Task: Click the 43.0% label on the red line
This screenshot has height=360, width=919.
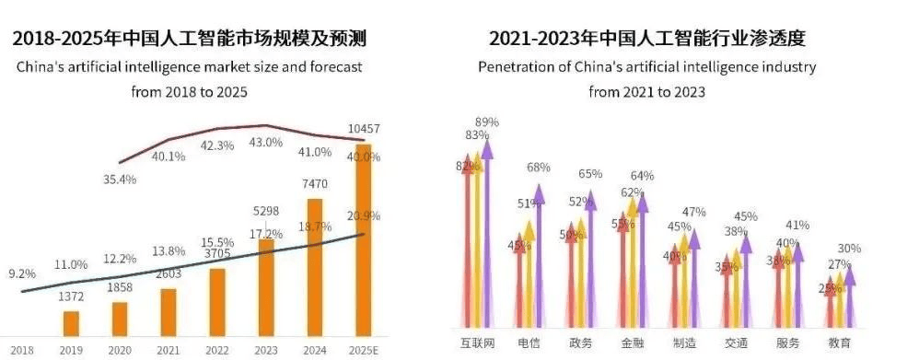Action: click(x=266, y=142)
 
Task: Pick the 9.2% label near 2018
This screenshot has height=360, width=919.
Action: click(x=23, y=273)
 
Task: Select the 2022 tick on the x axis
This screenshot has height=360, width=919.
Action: click(x=217, y=350)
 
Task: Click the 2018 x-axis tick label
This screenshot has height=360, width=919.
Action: click(x=22, y=350)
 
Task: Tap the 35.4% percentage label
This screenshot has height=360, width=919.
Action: click(x=120, y=180)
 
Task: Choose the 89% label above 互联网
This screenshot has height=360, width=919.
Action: click(x=487, y=122)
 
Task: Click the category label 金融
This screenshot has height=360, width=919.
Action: click(x=633, y=343)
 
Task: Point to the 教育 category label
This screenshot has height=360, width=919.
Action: click(x=839, y=343)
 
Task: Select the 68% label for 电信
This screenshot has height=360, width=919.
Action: click(x=539, y=168)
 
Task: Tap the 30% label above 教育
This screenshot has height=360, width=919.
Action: click(x=849, y=249)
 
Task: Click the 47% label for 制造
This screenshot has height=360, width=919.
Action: click(x=693, y=212)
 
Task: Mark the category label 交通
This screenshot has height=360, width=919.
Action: click(x=736, y=343)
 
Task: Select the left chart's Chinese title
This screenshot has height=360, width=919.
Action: click(x=188, y=39)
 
